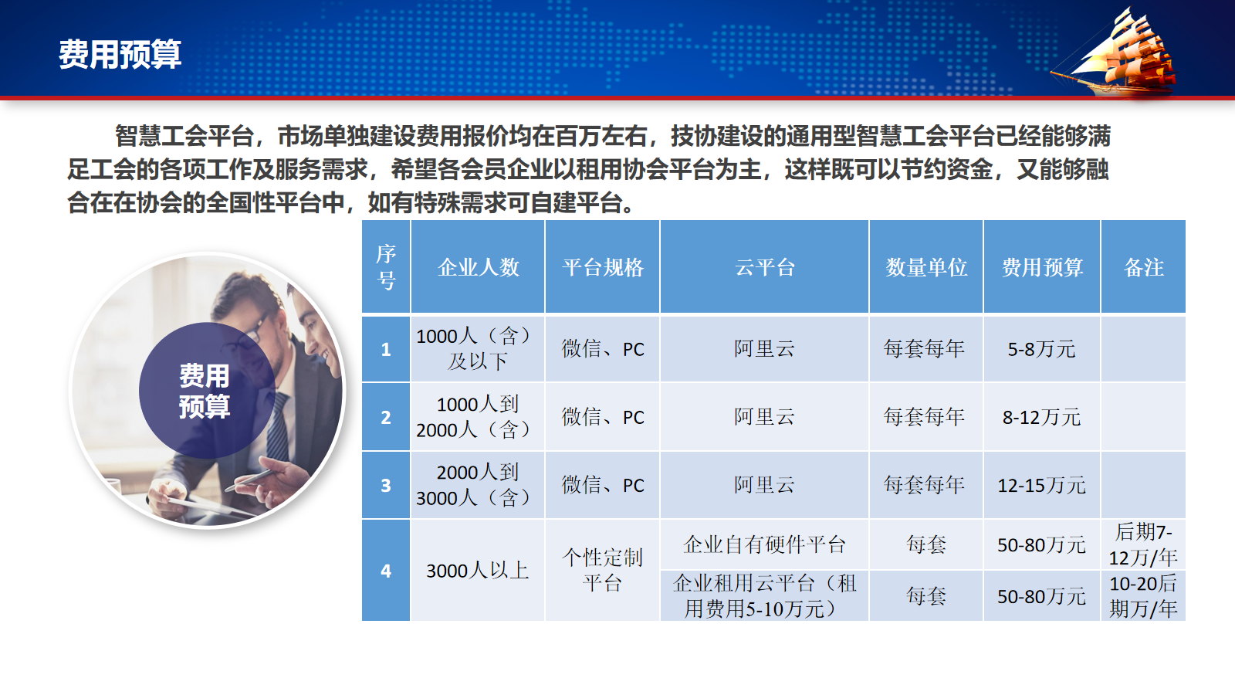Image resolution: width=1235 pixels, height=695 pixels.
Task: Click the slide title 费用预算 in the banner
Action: point(120,54)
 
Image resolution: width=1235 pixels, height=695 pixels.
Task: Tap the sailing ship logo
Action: point(1116,53)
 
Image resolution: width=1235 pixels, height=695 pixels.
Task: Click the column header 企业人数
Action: point(478,267)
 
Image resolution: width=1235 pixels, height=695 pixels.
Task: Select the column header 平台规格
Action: point(603,267)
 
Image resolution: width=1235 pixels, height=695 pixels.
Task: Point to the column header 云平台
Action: point(765,267)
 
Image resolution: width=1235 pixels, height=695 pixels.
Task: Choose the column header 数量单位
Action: point(926,267)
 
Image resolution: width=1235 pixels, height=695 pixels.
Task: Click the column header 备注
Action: point(1143,267)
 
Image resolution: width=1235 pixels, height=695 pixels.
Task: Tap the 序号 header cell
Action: point(386,267)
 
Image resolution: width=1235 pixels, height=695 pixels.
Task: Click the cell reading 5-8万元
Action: point(1041,349)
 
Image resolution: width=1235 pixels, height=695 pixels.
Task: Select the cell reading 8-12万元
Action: point(1041,417)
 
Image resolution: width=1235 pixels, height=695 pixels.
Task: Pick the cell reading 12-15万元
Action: point(1041,486)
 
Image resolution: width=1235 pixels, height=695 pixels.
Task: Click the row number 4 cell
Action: point(386,571)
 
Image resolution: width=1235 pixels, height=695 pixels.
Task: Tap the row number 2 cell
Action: point(386,417)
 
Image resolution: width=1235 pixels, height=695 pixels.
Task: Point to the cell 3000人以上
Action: point(478,571)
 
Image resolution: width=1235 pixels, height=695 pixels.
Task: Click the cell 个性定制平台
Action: point(603,571)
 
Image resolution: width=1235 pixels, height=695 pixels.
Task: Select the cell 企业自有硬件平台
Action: point(765,544)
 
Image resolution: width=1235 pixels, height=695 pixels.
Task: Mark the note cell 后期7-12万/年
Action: point(1143,544)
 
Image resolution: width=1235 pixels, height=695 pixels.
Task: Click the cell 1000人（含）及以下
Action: point(478,349)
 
